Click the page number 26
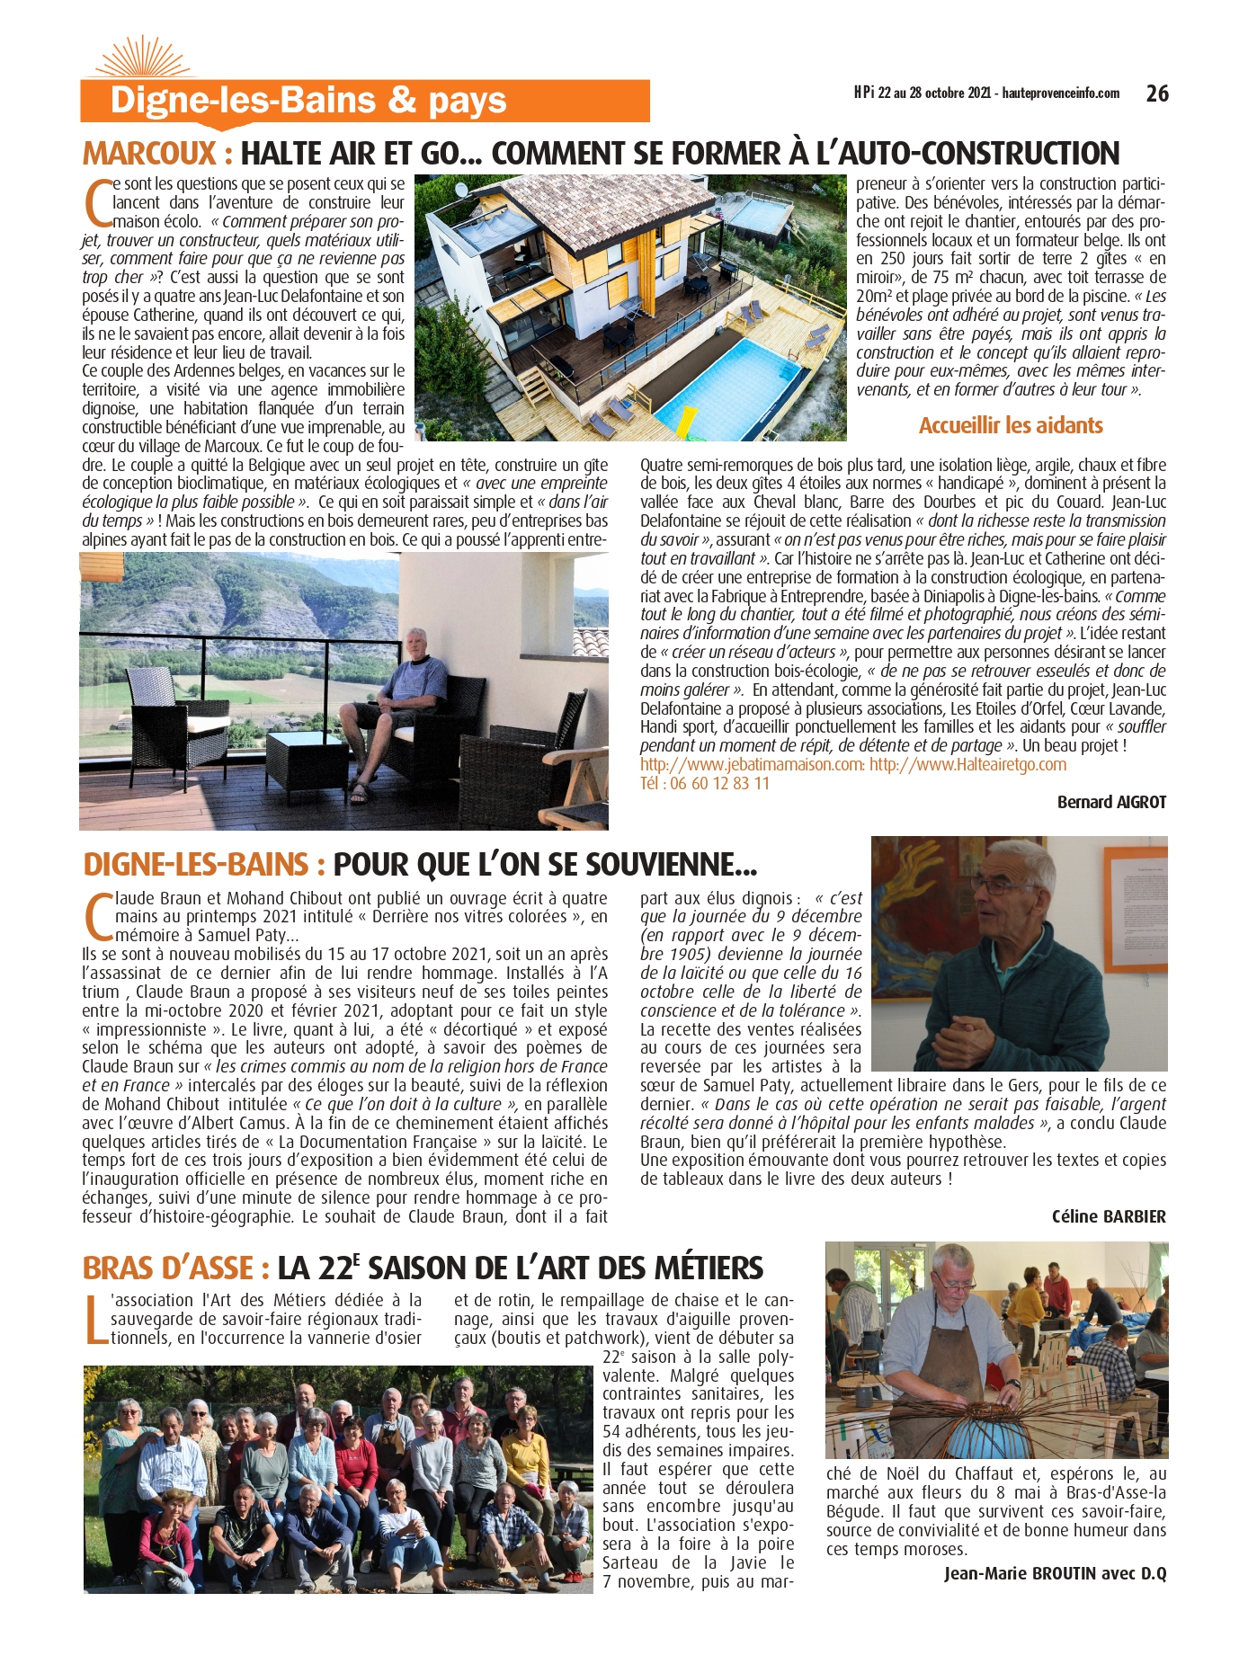pos(1157,93)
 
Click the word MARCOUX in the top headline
pos(149,154)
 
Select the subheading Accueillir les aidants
pos(1010,425)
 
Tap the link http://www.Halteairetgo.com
pos(967,764)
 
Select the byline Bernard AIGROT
pos(1111,802)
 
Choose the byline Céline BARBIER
pos(1109,1216)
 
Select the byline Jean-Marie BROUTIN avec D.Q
pos(1055,1573)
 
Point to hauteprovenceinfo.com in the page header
pos(1061,93)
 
